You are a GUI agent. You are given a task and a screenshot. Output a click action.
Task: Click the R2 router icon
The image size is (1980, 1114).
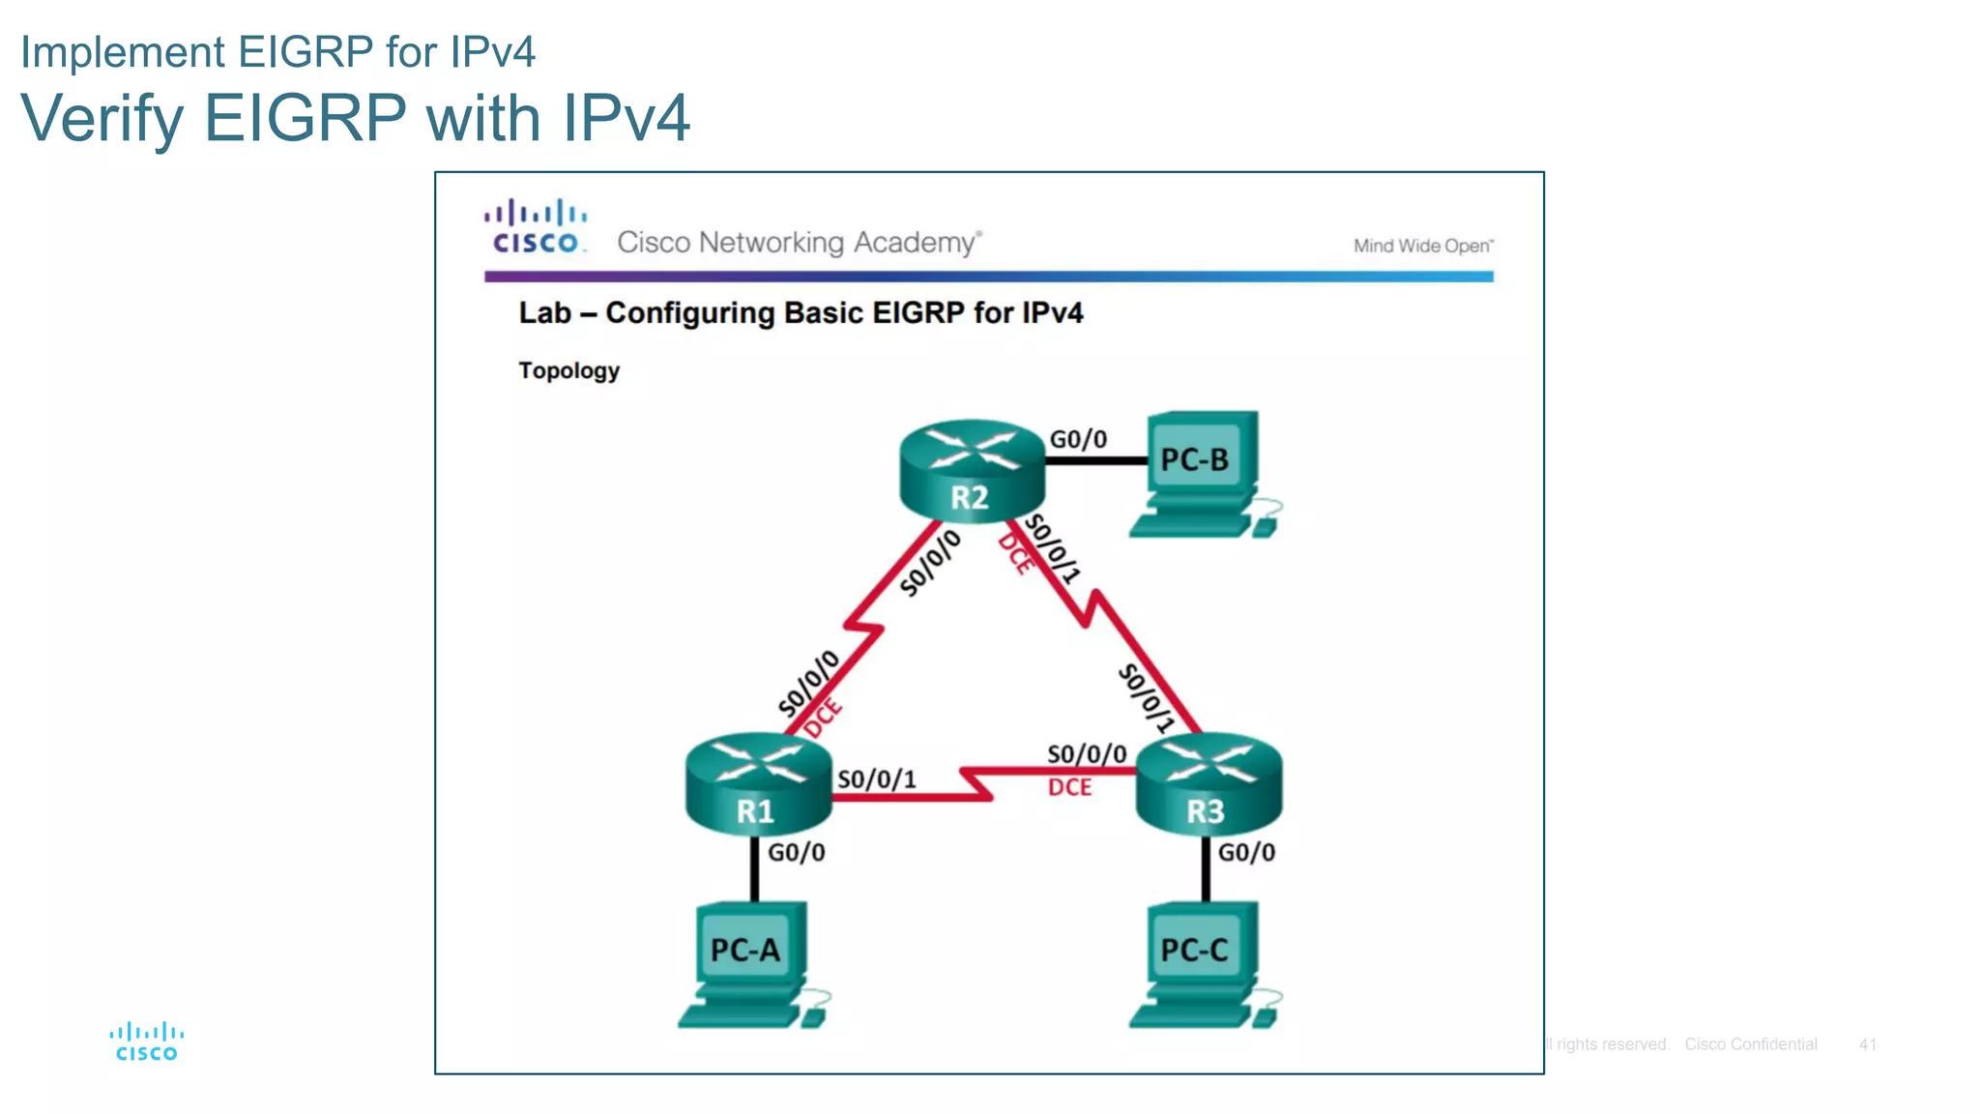[x=972, y=471]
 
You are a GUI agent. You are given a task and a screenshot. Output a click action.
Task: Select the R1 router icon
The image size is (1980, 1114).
[x=758, y=785]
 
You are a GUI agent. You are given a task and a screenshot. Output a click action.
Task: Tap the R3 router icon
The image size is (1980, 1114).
[x=1208, y=785]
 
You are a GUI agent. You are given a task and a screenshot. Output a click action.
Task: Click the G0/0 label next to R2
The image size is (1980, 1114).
[x=1078, y=440]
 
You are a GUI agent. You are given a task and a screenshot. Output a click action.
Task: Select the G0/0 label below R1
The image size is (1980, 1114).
[x=797, y=853]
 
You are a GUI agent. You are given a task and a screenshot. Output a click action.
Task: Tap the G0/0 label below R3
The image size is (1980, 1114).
[x=1246, y=853]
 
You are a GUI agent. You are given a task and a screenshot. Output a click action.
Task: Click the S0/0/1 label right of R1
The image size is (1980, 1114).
[x=876, y=779]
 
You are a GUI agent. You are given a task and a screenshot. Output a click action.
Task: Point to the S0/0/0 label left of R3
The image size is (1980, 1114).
[x=1087, y=754]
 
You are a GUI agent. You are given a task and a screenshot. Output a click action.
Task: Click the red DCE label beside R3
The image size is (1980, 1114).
[x=1069, y=788]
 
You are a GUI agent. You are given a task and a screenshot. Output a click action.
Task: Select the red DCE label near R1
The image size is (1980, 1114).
[x=823, y=718]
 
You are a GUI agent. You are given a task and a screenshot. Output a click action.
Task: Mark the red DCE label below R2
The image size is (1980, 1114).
[x=1015, y=553]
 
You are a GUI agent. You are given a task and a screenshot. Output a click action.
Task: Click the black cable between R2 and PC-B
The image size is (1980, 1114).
[x=1096, y=461]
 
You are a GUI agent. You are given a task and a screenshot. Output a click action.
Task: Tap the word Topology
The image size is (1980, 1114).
[x=568, y=371]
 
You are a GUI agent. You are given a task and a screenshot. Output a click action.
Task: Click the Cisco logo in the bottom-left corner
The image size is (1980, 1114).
[x=147, y=1042]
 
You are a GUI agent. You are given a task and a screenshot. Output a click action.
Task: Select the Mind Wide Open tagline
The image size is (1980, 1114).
[x=1422, y=247]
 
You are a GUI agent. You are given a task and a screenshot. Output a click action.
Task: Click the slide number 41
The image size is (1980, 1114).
[x=1867, y=1044]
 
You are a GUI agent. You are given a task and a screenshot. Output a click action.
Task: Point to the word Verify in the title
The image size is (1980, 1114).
[x=102, y=119]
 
